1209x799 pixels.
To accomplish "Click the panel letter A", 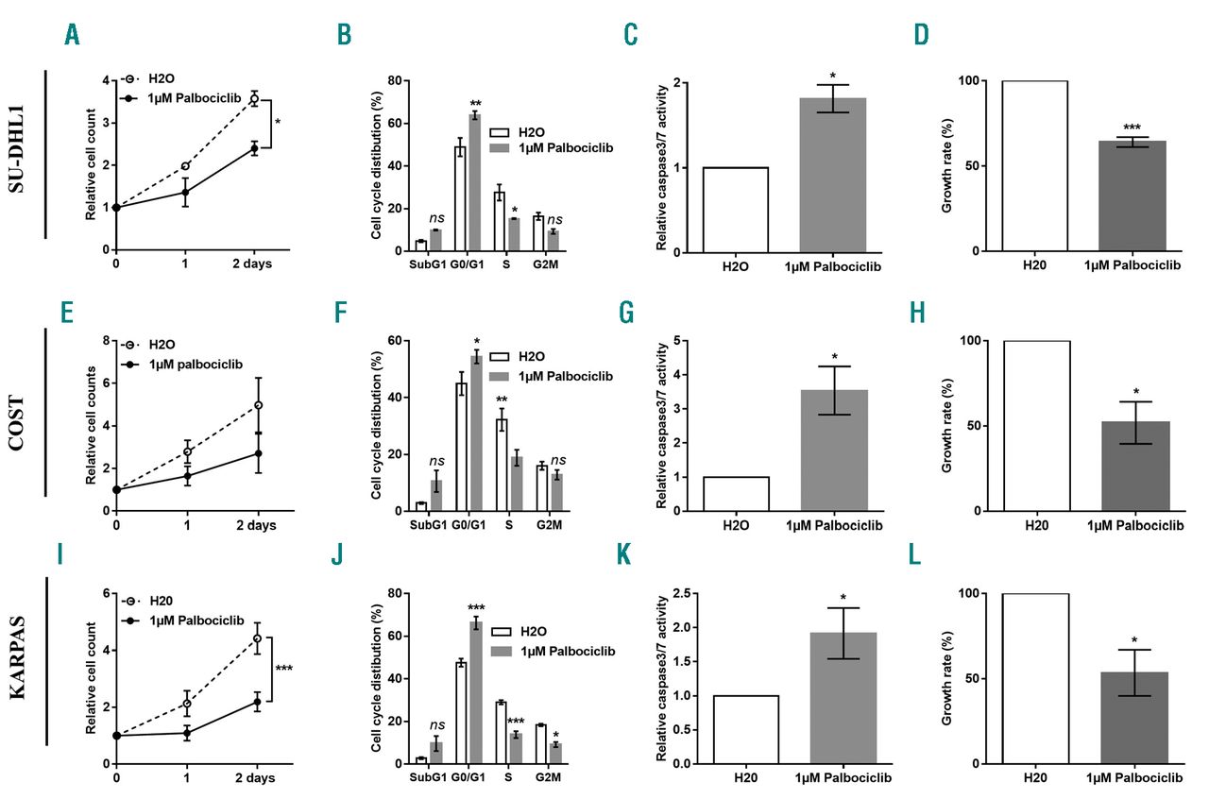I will point(72,35).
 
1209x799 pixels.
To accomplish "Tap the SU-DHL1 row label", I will point(18,156).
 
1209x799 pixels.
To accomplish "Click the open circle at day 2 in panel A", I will point(254,98).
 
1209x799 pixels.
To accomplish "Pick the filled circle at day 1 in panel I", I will point(187,732).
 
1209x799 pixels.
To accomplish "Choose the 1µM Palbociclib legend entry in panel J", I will point(557,651).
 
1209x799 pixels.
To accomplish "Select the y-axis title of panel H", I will point(950,426).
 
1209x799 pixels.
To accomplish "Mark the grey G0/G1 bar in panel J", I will point(476,692).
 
